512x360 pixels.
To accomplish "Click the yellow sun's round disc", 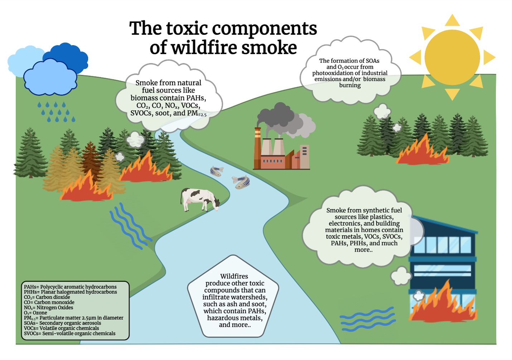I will [x=452, y=57].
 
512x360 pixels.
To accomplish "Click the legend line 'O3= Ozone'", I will [x=35, y=313].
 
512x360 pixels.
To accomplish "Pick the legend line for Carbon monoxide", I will [x=49, y=302].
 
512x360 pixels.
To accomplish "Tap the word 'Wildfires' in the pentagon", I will [x=234, y=276].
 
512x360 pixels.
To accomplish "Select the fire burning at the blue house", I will [x=442, y=304].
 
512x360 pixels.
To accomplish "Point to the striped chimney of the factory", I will [x=257, y=147].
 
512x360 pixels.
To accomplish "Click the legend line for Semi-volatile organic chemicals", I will [x=69, y=333].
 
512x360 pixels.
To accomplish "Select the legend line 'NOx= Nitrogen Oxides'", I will [x=48, y=307].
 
